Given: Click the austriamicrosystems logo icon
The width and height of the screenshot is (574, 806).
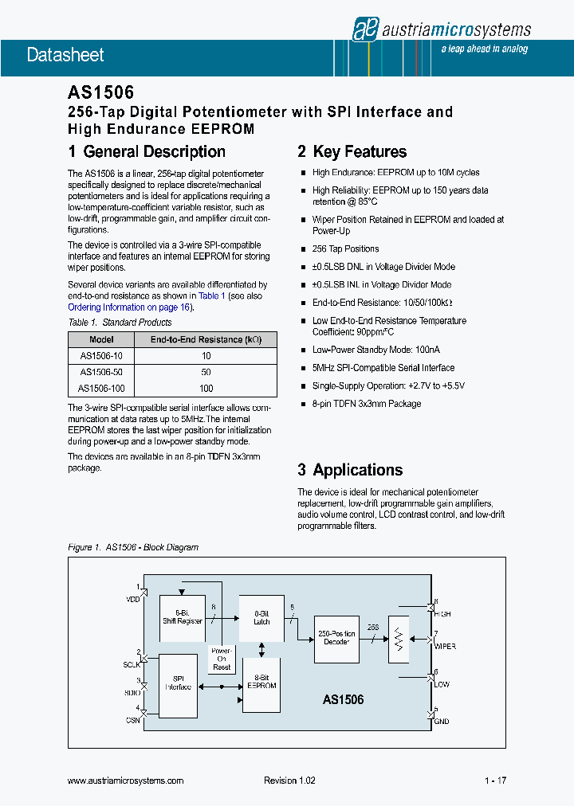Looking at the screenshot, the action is tap(364, 29).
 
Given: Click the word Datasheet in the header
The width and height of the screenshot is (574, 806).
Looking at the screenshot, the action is tap(65, 55).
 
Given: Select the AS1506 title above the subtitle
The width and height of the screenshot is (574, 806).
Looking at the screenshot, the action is tap(100, 93).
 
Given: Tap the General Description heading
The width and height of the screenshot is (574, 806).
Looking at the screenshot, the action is tap(147, 151).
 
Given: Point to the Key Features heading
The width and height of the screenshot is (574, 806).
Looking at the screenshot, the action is tap(352, 151).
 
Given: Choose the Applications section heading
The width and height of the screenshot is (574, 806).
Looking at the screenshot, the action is tap(350, 470).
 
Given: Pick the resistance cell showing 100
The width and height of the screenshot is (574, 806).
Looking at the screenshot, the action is tap(206, 389).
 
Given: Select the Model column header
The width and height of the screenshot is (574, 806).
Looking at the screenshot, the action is tap(101, 339).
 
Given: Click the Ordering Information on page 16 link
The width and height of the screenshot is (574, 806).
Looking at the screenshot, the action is tap(130, 307).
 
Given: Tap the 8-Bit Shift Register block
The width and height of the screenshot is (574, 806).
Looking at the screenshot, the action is tap(183, 617).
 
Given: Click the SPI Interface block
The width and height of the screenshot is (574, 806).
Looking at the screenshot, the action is tap(179, 683).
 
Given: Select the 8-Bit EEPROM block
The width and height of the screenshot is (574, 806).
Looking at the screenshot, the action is tap(261, 681).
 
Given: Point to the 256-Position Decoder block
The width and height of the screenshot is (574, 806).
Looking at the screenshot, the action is tap(336, 637).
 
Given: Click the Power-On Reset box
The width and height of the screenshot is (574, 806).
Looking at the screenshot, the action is tap(222, 659).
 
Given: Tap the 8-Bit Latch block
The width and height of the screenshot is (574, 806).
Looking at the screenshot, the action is tap(261, 617).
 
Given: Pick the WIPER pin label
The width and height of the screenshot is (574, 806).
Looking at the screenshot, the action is tap(444, 647).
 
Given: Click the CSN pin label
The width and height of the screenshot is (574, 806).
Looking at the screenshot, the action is tap(132, 719).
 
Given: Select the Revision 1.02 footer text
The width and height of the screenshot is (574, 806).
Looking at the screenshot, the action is tap(289, 781).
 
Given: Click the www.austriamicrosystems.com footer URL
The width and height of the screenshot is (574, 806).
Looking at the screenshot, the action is tap(126, 781).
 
